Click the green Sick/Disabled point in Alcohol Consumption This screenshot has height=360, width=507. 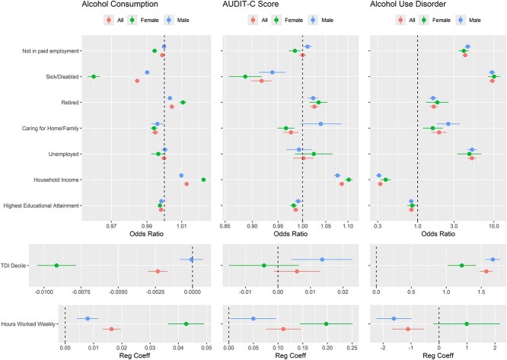94,77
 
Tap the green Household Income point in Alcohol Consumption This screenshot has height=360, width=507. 204,180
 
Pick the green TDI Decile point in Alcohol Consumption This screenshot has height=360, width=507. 56,265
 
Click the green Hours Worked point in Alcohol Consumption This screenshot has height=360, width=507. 187,323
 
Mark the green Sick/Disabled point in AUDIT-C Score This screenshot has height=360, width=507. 245,77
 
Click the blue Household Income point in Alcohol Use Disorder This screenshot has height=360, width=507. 379,176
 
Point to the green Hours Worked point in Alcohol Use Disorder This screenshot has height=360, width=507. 467,323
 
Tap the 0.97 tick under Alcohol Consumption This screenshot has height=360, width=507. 112,226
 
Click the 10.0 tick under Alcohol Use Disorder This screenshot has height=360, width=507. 493,226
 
